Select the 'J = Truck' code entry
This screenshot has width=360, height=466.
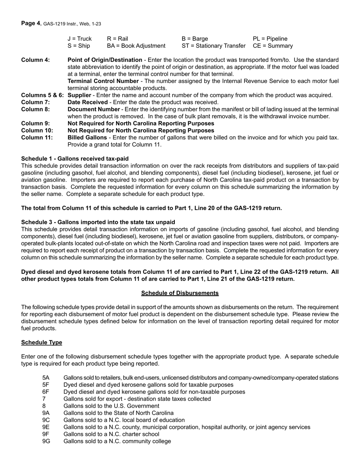click(80, 39)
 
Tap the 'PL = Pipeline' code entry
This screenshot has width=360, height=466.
click(270, 39)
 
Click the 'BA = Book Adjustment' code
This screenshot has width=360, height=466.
click(136, 46)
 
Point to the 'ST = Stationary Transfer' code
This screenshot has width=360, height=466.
click(214, 46)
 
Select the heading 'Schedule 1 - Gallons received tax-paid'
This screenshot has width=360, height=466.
click(75, 159)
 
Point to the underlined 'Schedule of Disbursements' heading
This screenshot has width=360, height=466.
click(180, 293)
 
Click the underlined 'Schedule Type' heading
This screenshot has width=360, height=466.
click(41, 342)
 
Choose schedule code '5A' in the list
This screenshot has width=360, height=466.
click(46, 378)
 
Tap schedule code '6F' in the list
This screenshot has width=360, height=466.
click(46, 392)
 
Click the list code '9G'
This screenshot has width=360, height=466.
click(46, 441)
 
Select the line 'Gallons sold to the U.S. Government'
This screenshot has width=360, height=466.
click(111, 406)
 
